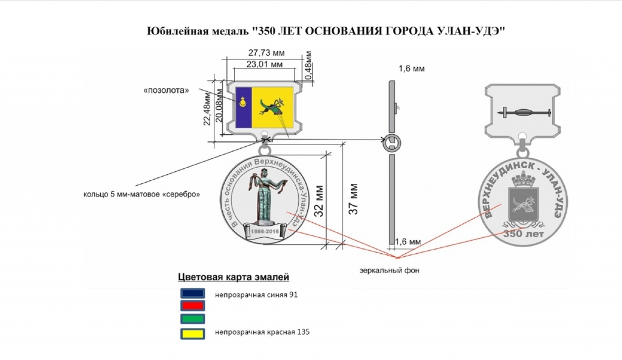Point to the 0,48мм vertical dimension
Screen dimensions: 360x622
309,66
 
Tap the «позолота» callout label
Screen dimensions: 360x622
166,91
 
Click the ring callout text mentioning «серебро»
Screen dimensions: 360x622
142,194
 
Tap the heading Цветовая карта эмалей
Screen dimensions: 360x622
233,277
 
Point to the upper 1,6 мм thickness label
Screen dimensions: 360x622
411,69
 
